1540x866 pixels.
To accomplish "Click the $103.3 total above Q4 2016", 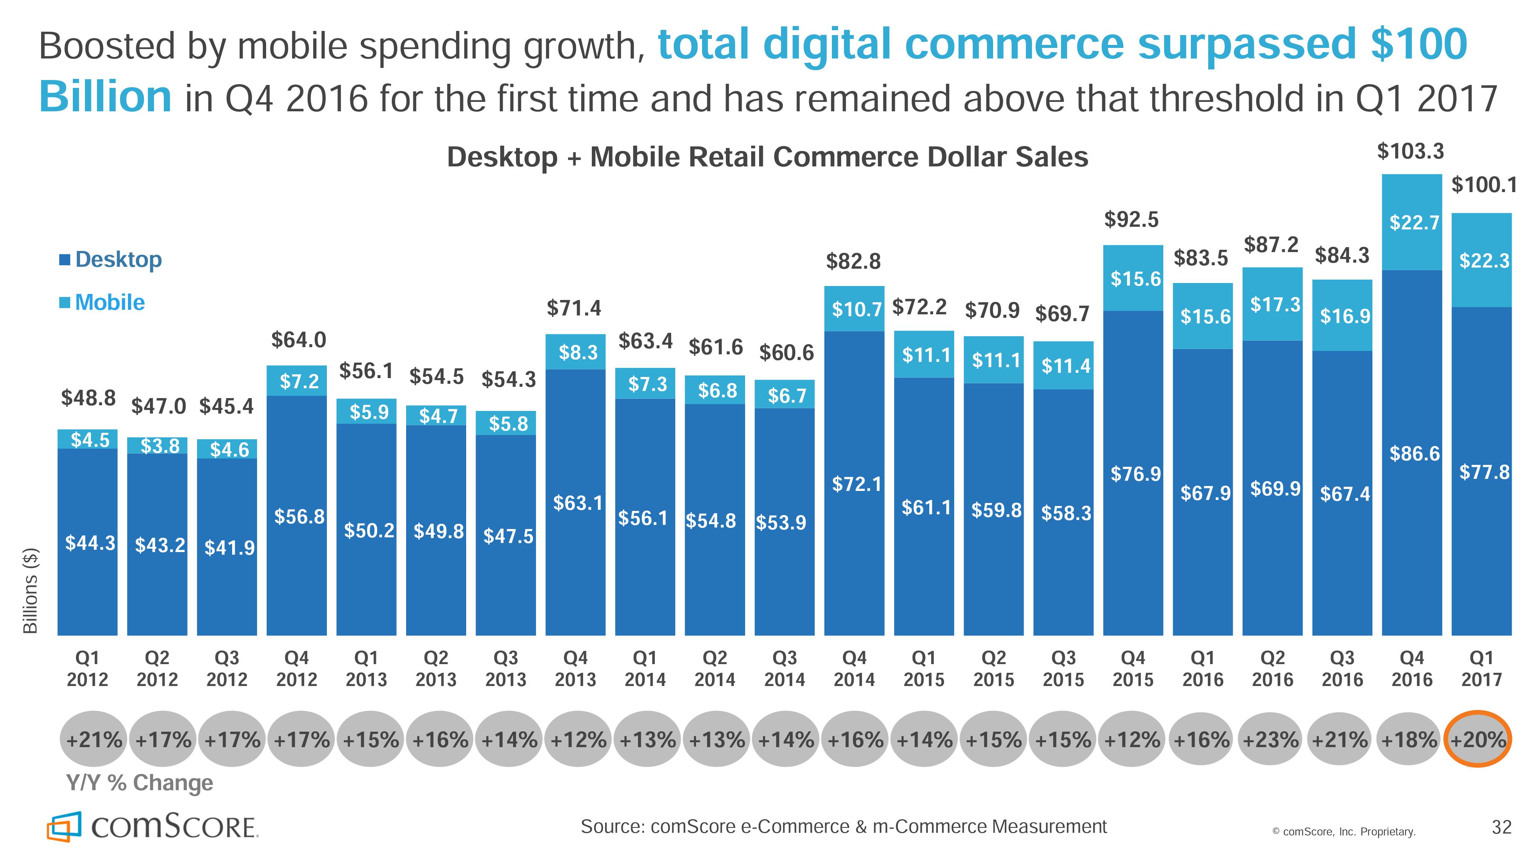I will (1410, 151).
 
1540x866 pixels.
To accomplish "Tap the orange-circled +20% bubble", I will (1478, 739).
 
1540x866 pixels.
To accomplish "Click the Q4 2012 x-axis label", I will (297, 669).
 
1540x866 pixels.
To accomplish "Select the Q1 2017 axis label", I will (1481, 669).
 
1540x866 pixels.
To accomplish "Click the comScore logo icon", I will (63, 826).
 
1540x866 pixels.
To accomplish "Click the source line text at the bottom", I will (844, 826).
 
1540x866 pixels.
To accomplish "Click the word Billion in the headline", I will (106, 97).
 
